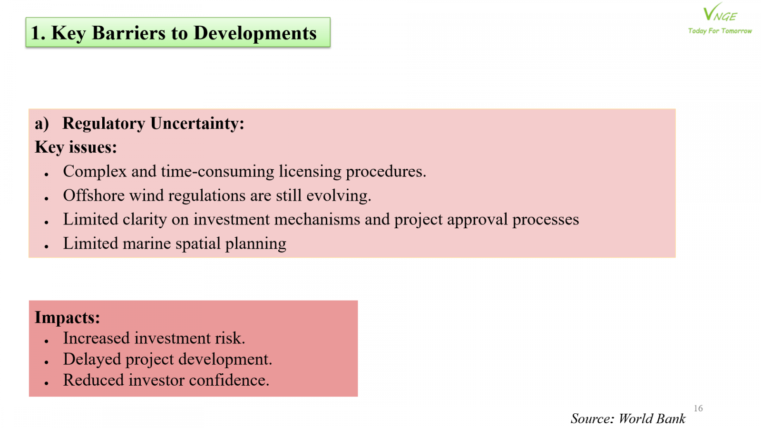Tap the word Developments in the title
tap(255, 34)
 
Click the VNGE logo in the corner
tap(720, 12)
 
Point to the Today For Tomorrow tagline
tap(720, 31)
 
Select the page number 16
tap(698, 408)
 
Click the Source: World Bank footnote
tap(628, 418)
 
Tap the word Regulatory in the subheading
tap(104, 124)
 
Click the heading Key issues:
tap(76, 147)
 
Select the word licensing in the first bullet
tap(310, 172)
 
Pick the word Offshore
tap(94, 195)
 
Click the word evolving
tap(339, 196)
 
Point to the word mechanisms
tap(317, 219)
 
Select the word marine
tap(146, 243)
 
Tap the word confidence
tap(229, 380)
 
